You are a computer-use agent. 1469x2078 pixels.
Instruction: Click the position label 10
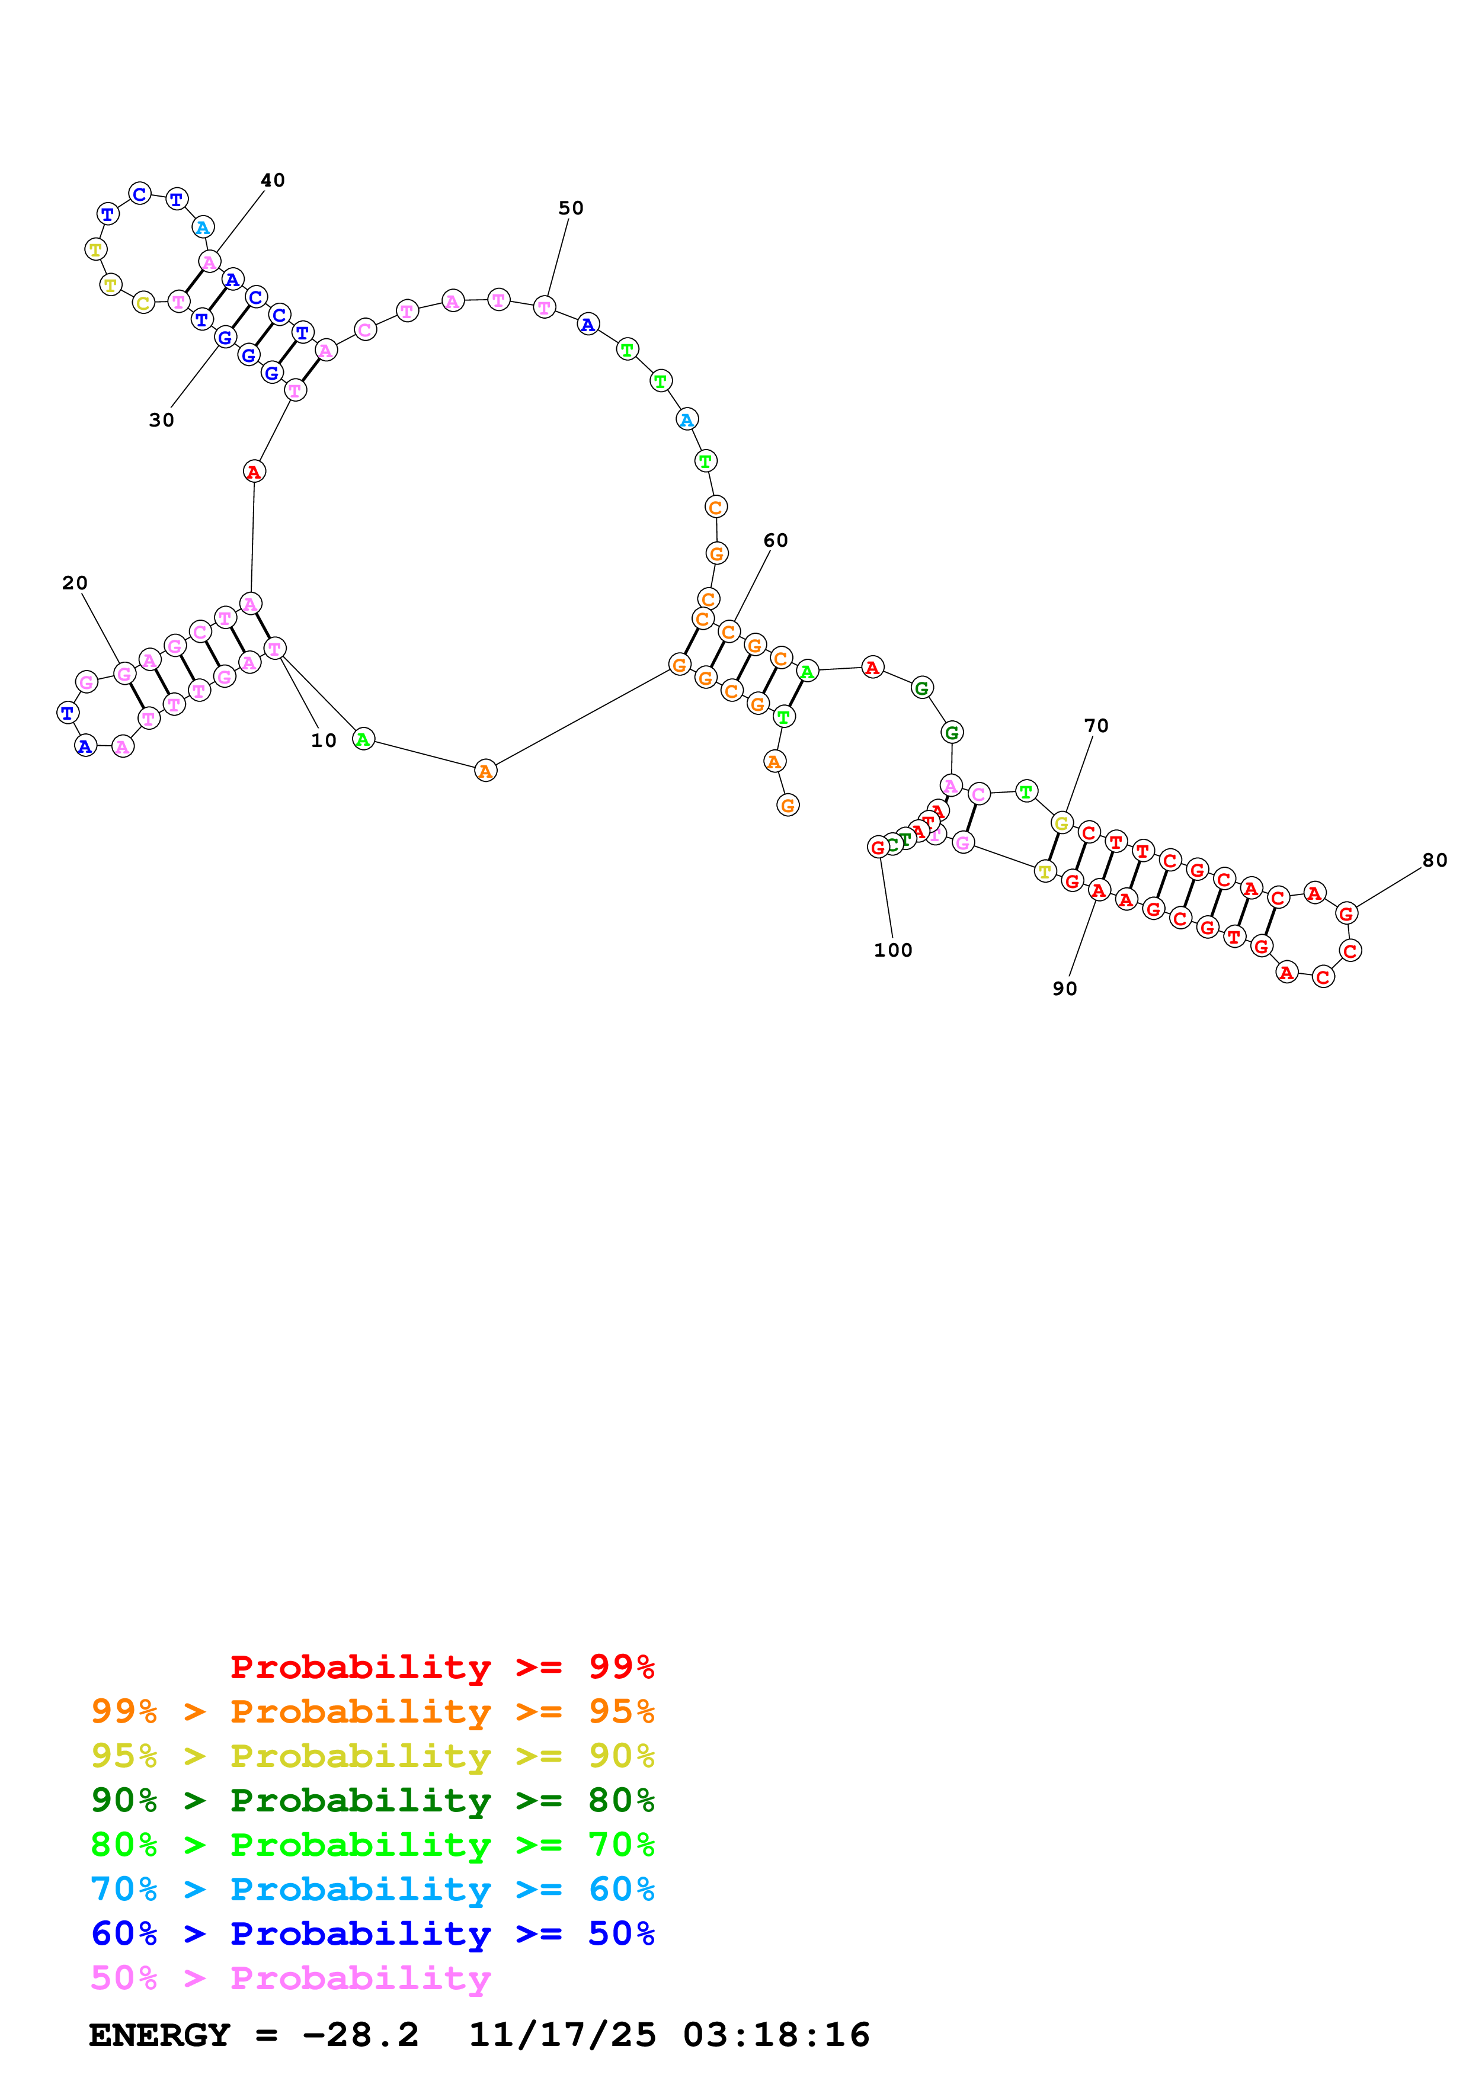point(323,740)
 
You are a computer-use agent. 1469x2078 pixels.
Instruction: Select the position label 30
point(161,420)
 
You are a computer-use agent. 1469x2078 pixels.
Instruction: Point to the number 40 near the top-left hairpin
point(273,180)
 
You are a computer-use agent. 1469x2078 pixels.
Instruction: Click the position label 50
point(570,208)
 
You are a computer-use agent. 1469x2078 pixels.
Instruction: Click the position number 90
point(1064,988)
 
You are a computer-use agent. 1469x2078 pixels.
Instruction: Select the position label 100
point(892,950)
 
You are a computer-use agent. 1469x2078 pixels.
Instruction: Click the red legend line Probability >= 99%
point(441,1666)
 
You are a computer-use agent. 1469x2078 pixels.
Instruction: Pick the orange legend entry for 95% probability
point(372,1711)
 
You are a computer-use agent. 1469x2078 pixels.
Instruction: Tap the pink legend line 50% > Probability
point(290,1977)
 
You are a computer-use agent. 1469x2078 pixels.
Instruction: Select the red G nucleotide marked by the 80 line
point(1346,913)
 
